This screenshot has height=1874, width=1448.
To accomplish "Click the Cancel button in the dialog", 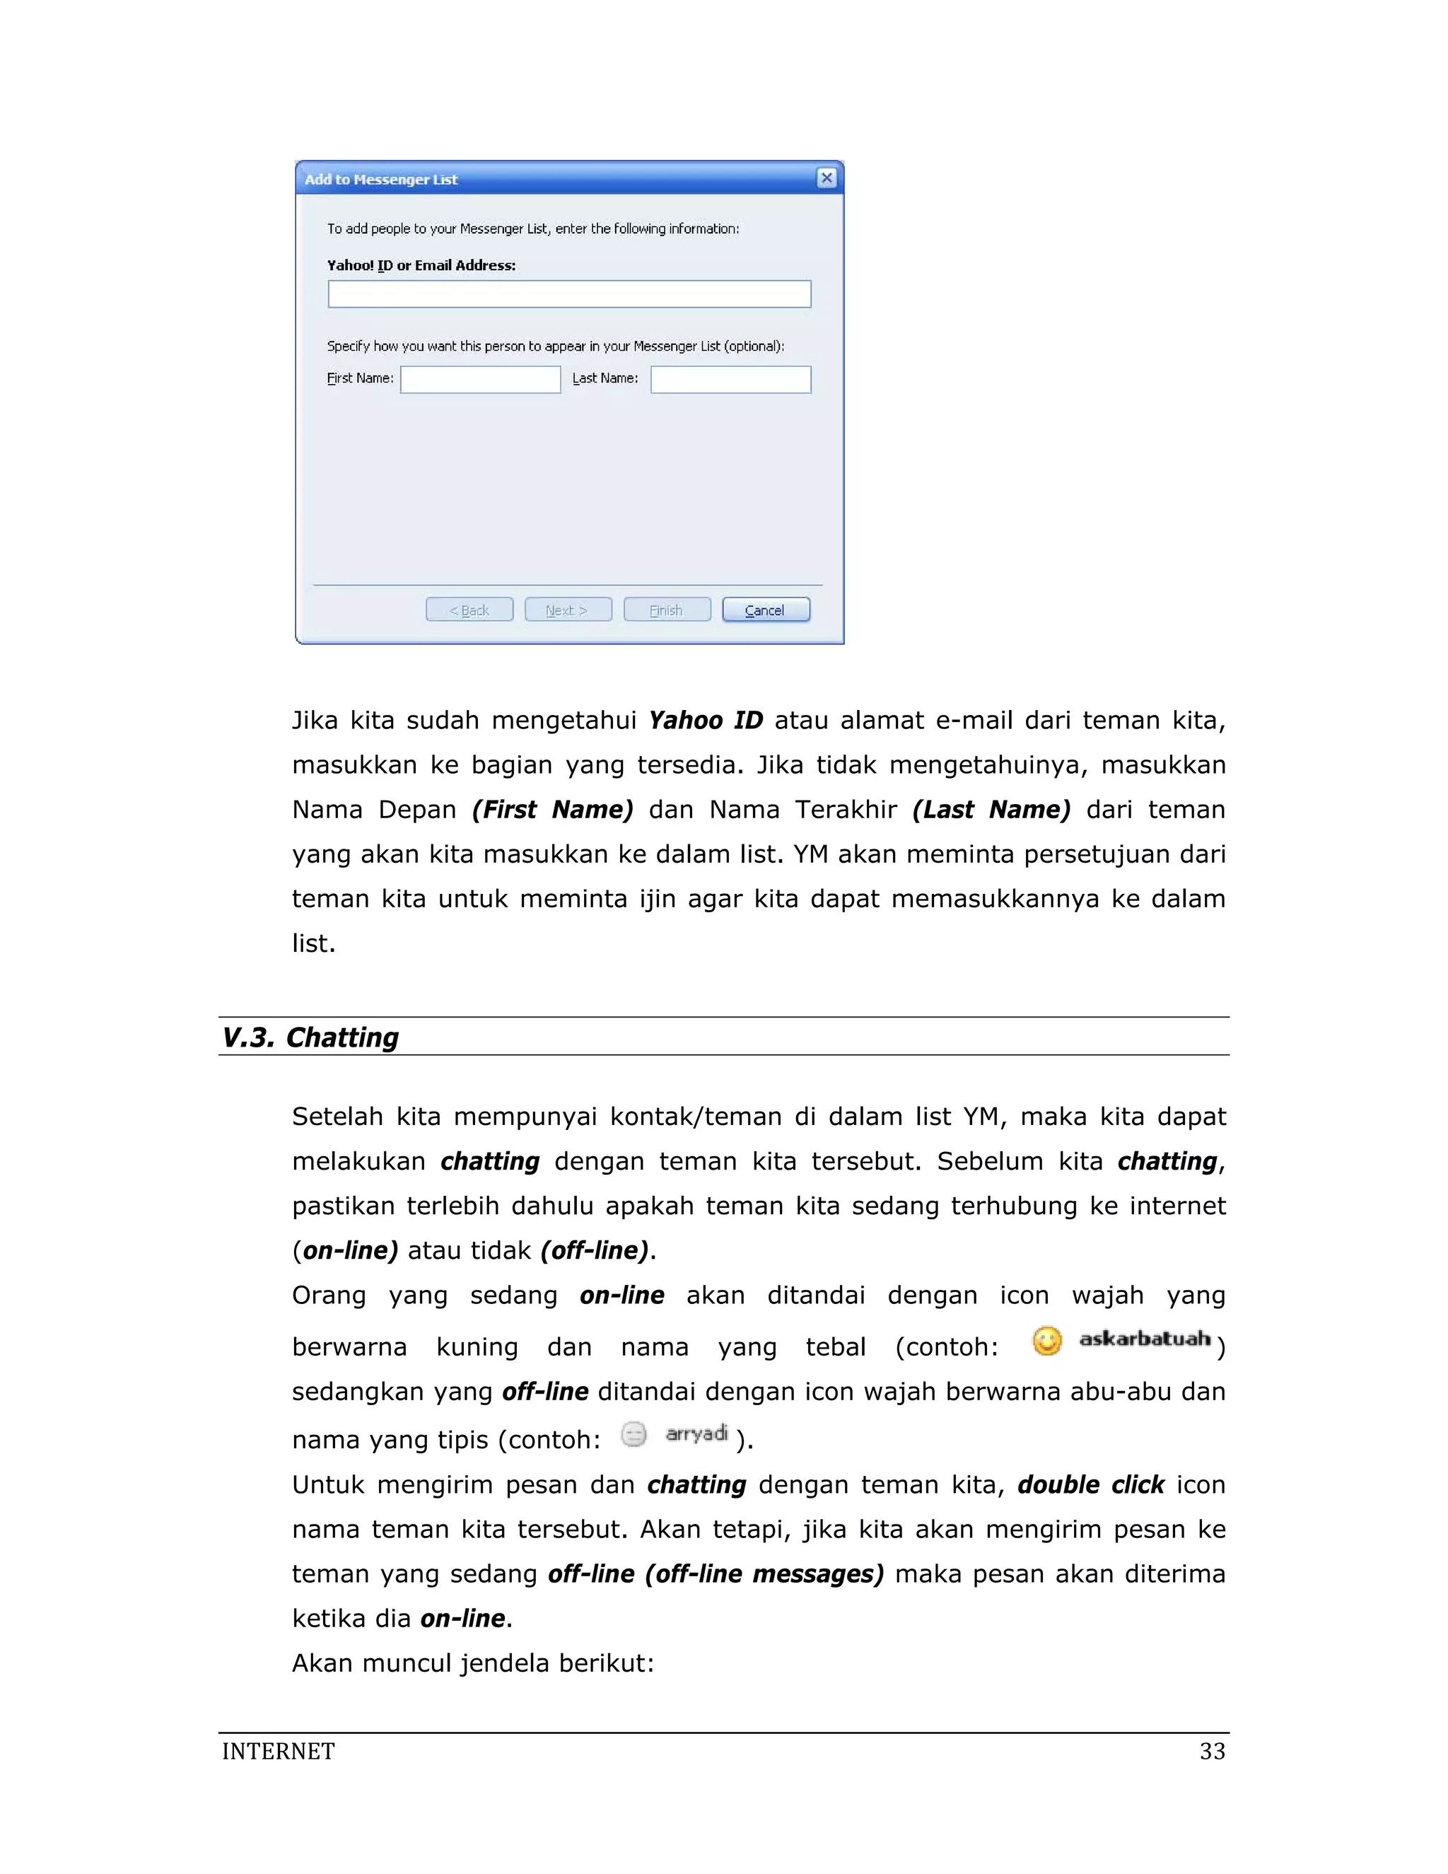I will point(765,610).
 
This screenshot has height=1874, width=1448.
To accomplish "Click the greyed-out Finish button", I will point(667,610).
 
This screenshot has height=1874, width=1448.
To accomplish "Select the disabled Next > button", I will point(568,610).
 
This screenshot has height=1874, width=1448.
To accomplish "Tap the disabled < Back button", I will point(469,610).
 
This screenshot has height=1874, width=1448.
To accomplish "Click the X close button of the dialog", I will point(826,178).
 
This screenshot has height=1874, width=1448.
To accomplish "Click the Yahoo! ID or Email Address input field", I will point(568,294).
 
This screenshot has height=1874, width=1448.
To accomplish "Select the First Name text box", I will point(480,379).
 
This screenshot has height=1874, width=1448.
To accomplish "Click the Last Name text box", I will point(730,379).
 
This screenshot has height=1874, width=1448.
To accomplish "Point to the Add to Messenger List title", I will point(381,180).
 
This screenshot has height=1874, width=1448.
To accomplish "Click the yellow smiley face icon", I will point(1046,1340).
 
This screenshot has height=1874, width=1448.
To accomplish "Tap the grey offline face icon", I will point(633,1434).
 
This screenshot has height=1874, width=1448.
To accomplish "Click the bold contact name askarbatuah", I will point(1145,1339).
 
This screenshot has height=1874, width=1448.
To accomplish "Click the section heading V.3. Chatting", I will point(310,1037).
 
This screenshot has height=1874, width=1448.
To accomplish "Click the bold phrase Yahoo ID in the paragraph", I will point(705,720).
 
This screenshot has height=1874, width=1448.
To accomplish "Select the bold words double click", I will point(1091,1484).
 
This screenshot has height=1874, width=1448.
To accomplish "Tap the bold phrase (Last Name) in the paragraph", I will point(991,809).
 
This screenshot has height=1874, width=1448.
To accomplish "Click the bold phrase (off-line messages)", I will point(764,1573).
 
